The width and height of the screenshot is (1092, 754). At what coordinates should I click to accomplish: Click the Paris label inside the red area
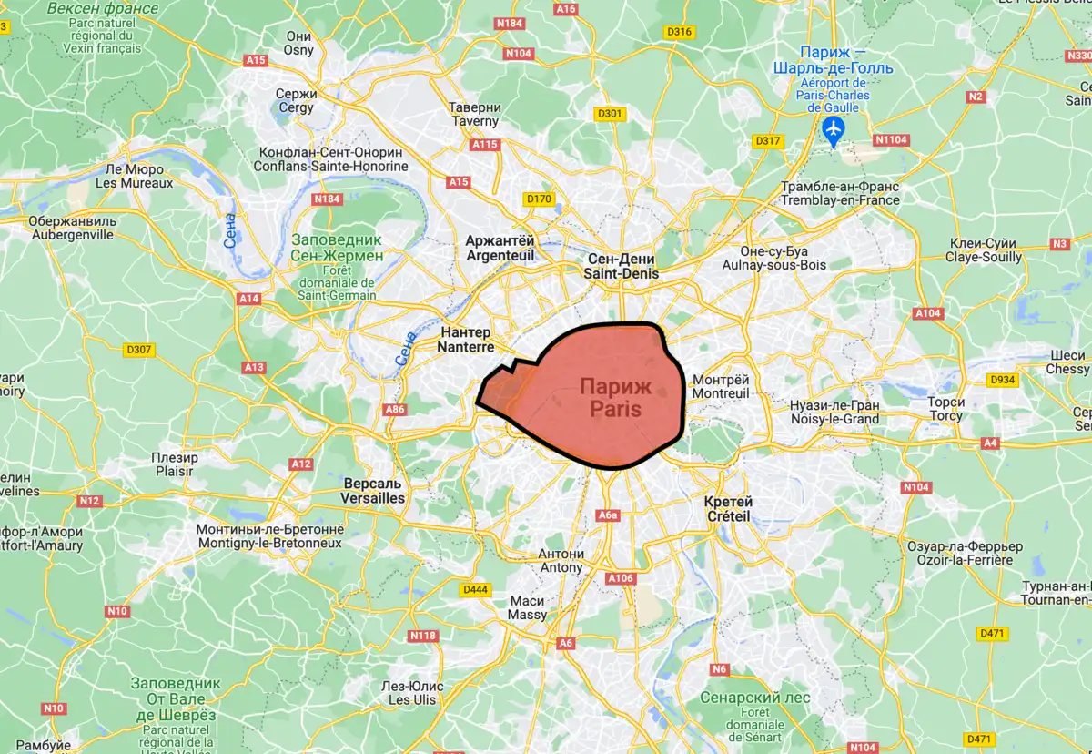tap(615, 398)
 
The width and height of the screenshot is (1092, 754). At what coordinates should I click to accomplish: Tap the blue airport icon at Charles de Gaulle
tap(832, 130)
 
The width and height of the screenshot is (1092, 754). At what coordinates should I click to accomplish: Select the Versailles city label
tap(372, 491)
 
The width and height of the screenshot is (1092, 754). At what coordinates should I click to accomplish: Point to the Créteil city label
tap(729, 509)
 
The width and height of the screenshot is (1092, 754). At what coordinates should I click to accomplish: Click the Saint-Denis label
tap(622, 266)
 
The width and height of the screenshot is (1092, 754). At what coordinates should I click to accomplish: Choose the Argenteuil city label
tap(500, 249)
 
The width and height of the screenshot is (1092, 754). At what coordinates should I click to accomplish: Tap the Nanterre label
tap(465, 340)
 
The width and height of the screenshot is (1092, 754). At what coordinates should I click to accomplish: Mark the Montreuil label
tap(721, 386)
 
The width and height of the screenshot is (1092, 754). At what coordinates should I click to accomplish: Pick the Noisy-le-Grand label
tap(834, 412)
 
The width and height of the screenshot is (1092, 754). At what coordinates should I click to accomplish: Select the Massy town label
tap(528, 607)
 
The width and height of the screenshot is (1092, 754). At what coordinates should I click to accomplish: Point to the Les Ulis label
tap(412, 693)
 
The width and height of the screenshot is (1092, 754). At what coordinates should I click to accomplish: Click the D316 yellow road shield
tap(679, 32)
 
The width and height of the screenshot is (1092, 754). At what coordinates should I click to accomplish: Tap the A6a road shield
tap(608, 515)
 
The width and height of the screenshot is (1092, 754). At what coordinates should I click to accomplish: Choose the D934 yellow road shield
tap(1002, 380)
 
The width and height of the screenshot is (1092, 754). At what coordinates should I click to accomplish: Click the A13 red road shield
tap(254, 367)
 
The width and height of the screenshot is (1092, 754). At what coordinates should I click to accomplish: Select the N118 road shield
tap(424, 636)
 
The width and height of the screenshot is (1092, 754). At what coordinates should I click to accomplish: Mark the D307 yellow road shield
tap(138, 350)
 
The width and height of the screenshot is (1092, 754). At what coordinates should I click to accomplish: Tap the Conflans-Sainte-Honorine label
tap(331, 159)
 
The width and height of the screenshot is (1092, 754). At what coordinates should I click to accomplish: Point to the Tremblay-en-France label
tap(840, 193)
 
